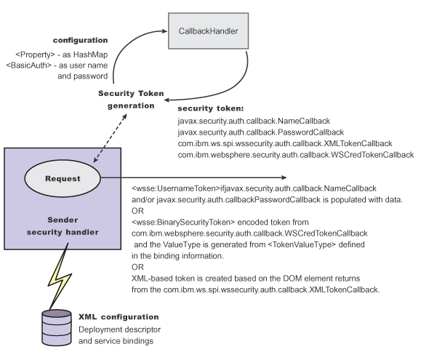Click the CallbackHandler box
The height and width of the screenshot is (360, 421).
tap(208, 31)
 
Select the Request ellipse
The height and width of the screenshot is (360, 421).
tap(63, 178)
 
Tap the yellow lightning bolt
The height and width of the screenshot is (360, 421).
tap(60, 276)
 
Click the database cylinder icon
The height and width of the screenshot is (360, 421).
tap(57, 327)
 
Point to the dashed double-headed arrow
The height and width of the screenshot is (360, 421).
tap(110, 138)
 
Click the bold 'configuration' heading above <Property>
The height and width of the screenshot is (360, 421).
tap(80, 40)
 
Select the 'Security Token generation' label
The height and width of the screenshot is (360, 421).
tap(131, 100)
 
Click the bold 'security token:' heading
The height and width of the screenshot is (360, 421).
tap(211, 108)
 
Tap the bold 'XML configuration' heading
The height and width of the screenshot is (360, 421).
tap(119, 317)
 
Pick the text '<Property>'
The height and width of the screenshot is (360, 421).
tap(35, 55)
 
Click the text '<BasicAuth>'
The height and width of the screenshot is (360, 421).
tap(28, 65)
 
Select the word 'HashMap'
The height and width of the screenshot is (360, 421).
tap(90, 55)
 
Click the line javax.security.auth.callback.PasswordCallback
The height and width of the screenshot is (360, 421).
tap(261, 132)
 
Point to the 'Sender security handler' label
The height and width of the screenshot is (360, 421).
tap(63, 226)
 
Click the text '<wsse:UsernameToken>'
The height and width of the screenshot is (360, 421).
tap(176, 188)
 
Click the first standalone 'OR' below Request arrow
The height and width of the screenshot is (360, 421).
tap(137, 211)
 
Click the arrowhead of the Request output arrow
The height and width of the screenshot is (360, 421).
tap(284, 177)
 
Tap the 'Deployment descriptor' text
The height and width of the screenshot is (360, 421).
tap(120, 329)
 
